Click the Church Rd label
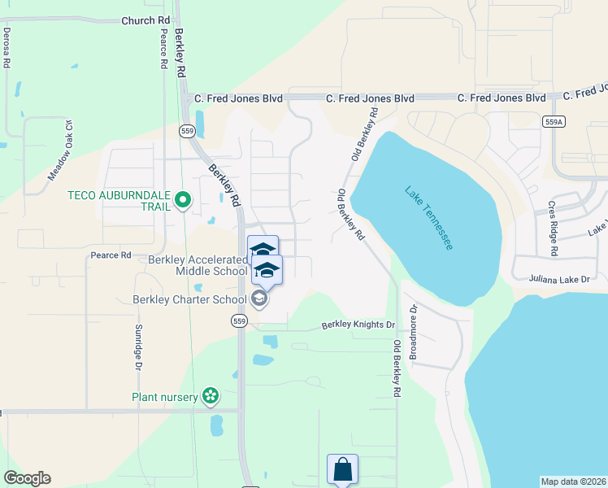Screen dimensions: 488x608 (146, 20)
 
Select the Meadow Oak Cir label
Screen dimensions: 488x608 (60, 150)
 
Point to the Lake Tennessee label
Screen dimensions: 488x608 (428, 218)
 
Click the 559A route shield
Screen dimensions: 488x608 (553, 120)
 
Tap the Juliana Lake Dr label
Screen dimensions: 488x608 (561, 278)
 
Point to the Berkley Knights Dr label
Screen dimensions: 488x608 (358, 325)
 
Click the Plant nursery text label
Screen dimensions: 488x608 (165, 397)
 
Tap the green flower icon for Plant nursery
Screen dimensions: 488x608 (211, 396)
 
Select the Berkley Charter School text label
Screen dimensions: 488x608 (189, 299)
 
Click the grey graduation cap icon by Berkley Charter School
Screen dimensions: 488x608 (258, 299)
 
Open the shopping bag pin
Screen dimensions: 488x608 (342, 469)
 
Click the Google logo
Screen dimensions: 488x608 (27, 478)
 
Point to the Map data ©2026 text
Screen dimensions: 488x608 (574, 481)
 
